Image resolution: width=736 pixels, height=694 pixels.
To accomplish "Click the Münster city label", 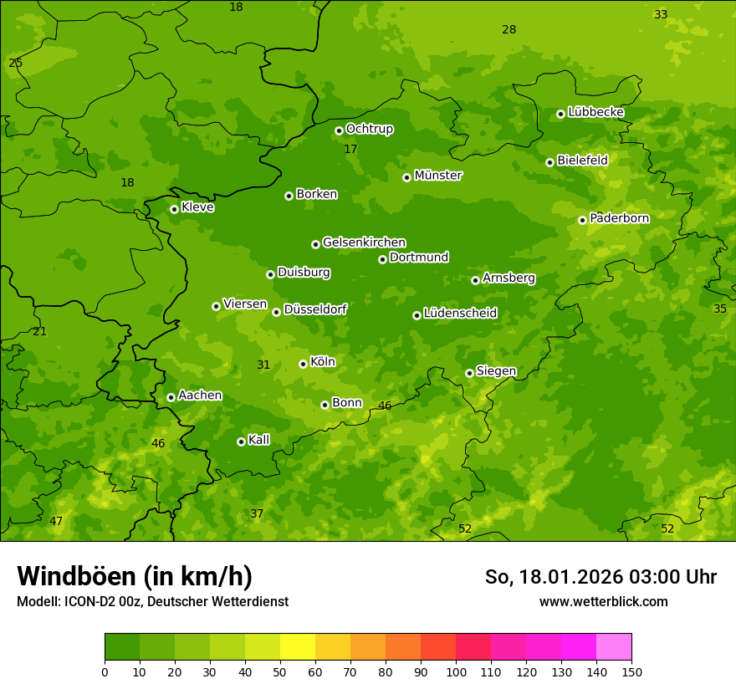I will click(x=437, y=176).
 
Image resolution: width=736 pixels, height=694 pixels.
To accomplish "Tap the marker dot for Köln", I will click(x=303, y=364).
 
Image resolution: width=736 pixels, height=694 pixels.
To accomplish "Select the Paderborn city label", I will click(x=619, y=218).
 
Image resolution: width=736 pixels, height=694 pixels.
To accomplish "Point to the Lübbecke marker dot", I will click(x=560, y=114).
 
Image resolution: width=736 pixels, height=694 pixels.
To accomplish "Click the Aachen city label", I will click(x=200, y=395).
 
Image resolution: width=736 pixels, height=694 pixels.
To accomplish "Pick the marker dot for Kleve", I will click(x=174, y=209).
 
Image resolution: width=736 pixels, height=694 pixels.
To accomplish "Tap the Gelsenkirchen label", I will click(x=364, y=242).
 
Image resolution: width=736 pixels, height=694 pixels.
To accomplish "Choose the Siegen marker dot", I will click(x=469, y=373).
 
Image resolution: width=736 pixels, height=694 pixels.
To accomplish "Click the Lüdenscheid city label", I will click(x=460, y=314).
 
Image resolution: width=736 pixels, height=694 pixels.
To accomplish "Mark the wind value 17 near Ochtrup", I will click(x=350, y=149).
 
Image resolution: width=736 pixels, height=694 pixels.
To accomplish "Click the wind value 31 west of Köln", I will click(x=263, y=365).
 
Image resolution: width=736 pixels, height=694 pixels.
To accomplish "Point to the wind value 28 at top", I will click(x=509, y=29).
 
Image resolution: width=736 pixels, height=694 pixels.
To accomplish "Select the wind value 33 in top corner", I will click(x=661, y=14).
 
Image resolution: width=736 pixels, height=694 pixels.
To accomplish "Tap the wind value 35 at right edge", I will click(x=720, y=309).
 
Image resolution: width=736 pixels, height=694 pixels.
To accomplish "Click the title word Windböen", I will click(x=76, y=576).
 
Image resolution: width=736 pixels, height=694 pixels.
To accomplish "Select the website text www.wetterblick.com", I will click(x=603, y=601).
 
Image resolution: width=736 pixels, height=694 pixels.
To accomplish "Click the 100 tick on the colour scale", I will click(x=456, y=671).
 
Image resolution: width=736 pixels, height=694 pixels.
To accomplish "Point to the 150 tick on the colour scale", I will click(x=631, y=671).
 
